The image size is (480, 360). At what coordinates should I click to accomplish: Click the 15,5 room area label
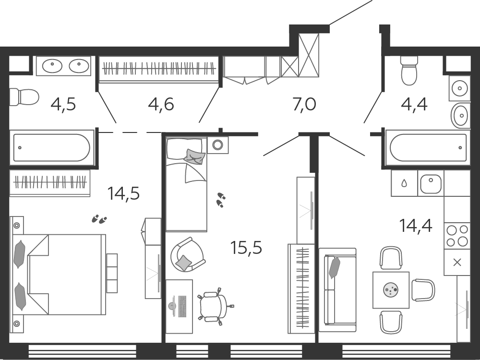coord(246,248)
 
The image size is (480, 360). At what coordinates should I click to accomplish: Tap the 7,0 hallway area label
coord(304,104)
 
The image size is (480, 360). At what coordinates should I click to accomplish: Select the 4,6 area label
coord(161,104)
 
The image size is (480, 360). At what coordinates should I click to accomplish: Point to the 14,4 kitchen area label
coord(415,226)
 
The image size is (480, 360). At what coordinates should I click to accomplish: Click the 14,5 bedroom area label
coord(123,193)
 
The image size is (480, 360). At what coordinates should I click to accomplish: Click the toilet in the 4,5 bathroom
coord(24,97)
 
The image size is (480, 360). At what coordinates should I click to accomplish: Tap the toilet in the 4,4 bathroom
coord(409,71)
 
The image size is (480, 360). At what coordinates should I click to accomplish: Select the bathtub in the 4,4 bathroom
coord(428,147)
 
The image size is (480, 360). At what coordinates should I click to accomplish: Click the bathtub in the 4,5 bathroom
coord(52,147)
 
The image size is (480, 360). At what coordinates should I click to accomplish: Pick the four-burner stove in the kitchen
coord(457,236)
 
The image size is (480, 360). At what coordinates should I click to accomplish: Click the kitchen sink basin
coord(431,184)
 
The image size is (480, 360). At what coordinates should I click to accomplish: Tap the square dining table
coord(391,290)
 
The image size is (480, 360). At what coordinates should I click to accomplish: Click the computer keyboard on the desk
coord(182,306)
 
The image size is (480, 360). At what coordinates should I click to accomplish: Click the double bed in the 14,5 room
coord(58,275)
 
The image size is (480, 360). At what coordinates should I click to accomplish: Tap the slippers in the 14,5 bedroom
coord(99,219)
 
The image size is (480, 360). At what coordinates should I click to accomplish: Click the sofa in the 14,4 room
coord(337,290)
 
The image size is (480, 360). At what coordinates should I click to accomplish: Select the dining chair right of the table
coord(423,290)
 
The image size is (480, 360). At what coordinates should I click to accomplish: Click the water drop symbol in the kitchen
coord(404,183)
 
